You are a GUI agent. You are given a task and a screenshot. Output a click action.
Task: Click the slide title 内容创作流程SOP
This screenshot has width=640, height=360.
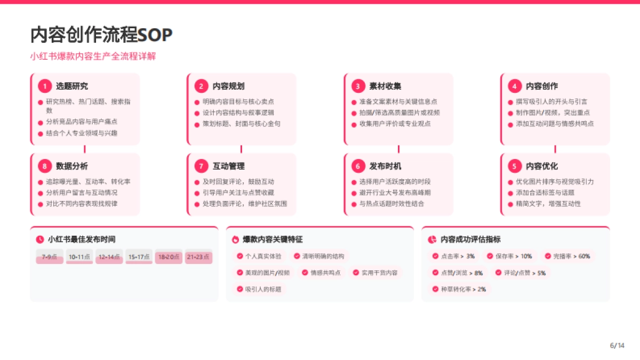[101, 35]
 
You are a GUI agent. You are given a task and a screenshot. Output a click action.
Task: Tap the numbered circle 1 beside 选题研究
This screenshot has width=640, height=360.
[45, 86]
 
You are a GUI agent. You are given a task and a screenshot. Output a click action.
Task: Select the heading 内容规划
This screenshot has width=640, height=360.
[228, 86]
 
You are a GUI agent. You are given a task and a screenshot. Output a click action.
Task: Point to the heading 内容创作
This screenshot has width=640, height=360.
[541, 86]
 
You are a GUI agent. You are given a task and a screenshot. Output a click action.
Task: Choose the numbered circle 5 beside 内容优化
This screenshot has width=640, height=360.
[514, 166]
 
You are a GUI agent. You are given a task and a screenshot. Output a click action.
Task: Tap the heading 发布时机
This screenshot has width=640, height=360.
[385, 166]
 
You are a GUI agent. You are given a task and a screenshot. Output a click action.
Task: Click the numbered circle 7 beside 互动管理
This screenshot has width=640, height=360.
[202, 166]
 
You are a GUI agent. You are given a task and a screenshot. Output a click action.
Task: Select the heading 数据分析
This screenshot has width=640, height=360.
[72, 166]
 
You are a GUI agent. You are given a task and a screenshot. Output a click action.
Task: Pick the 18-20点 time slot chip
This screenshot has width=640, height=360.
[169, 257]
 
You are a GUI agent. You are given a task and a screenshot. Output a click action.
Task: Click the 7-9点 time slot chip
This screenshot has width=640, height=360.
[50, 257]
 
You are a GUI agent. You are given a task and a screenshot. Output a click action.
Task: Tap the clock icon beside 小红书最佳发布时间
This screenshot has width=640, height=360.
[40, 239]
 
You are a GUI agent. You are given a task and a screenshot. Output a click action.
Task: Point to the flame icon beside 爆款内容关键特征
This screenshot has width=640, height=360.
[235, 239]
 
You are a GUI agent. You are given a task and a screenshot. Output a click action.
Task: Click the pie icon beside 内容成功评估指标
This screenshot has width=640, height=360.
[433, 239]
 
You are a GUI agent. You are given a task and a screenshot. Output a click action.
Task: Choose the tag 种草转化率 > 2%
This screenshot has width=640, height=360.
[459, 289]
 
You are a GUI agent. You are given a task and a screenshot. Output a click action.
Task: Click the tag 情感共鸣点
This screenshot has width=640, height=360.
[321, 273]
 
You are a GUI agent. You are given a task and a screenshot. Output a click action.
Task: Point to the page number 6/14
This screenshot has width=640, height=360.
[617, 346]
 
